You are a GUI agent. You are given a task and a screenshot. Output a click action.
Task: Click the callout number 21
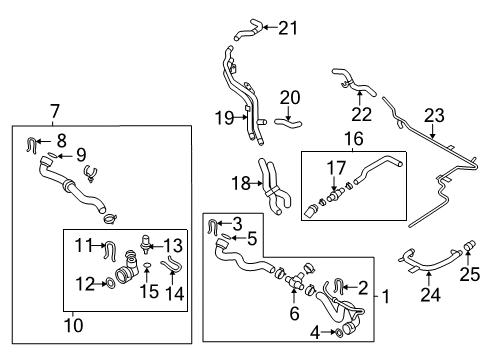click(288, 28)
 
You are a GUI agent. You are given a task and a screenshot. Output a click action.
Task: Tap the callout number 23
click(434, 115)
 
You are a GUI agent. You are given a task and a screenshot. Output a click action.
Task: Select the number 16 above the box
click(353, 139)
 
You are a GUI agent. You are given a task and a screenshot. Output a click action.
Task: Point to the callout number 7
click(55, 111)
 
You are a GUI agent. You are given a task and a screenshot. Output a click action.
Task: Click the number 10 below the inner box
click(73, 325)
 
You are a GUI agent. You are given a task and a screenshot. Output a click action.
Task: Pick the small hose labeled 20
click(288, 123)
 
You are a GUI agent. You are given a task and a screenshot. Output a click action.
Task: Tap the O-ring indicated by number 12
click(110, 284)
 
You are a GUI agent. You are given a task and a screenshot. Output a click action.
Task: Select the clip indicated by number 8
click(31, 145)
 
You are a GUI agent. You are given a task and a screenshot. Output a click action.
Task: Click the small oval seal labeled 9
click(52, 155)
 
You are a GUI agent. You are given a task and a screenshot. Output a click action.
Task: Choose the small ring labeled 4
click(338, 332)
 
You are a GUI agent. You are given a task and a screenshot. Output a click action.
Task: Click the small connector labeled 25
click(470, 245)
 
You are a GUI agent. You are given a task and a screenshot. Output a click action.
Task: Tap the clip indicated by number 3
click(213, 227)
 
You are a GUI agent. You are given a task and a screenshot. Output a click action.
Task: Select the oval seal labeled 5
click(226, 237)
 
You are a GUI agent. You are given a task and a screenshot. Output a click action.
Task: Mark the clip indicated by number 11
click(110, 251)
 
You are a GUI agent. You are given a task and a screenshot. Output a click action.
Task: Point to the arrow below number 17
click(334, 184)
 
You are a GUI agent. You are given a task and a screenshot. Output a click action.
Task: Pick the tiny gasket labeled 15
click(147, 265)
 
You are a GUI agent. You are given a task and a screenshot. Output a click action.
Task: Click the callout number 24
click(431, 295)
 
